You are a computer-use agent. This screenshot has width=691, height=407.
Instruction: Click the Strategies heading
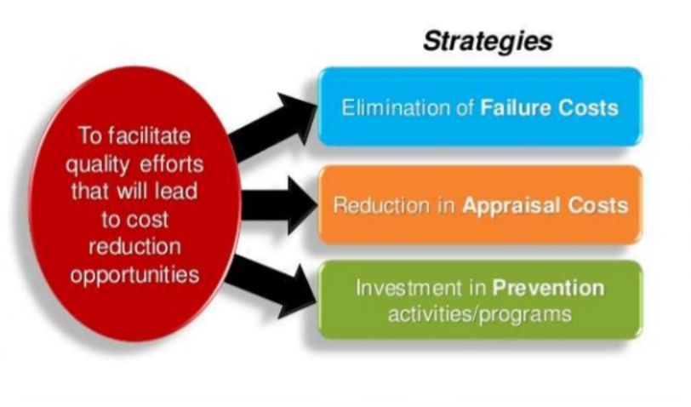488,42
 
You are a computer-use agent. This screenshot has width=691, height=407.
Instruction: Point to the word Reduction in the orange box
381,205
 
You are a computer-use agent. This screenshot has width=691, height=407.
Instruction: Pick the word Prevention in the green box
548,288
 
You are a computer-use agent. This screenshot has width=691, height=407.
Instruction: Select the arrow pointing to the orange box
279,205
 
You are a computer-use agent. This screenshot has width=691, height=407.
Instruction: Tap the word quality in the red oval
98,165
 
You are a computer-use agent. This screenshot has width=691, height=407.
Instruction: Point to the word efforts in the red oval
172,163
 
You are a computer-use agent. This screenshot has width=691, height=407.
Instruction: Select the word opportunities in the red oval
134,276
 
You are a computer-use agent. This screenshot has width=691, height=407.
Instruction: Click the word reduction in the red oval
134,246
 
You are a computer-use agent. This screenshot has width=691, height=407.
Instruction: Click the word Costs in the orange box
598,205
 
